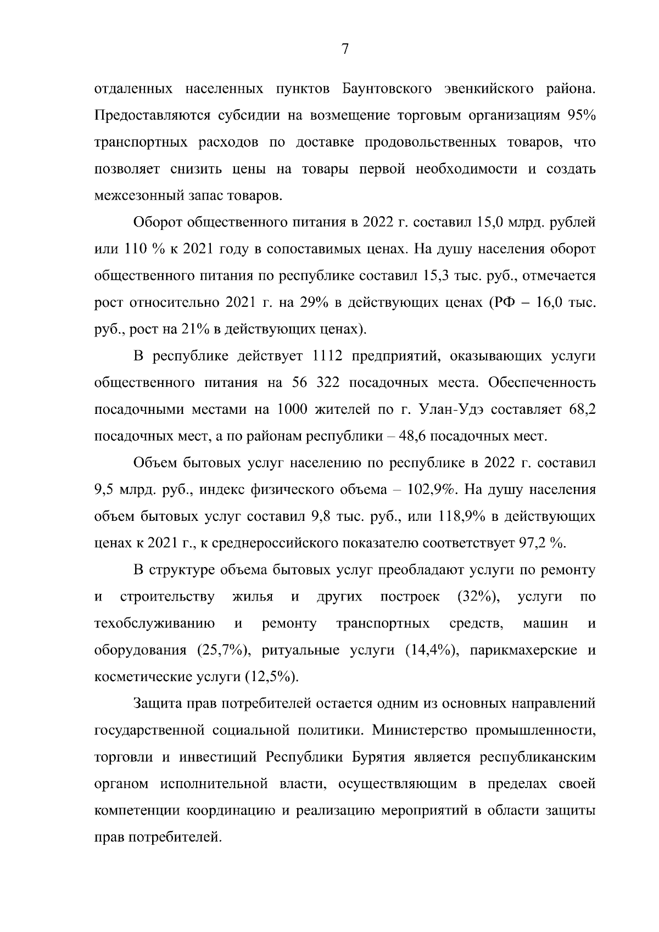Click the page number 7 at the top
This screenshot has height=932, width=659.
(345, 49)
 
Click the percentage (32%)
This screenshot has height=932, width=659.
(478, 597)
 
